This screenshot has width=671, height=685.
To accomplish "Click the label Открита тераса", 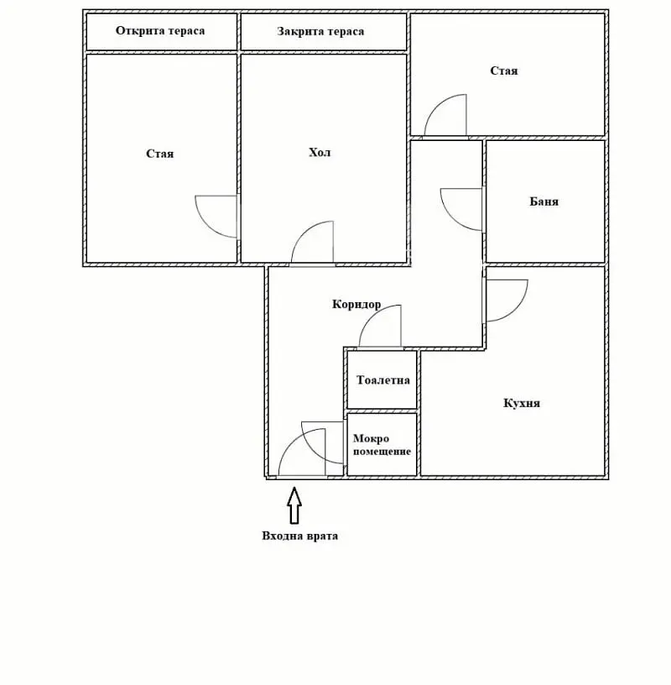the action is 160,30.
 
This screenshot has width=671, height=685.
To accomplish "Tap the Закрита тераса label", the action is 320,31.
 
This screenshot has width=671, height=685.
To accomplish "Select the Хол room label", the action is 320,153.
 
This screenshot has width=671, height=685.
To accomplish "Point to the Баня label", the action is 544,201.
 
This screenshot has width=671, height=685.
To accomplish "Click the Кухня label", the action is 522,403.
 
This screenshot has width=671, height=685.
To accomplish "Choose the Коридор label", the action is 356,304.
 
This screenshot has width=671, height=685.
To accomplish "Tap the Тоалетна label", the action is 383,380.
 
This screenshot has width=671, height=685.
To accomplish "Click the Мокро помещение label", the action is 382,445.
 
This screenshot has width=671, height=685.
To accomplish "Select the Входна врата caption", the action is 300,536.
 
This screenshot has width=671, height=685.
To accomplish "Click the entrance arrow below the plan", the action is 294,505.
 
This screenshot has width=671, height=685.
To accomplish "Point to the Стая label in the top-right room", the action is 504,71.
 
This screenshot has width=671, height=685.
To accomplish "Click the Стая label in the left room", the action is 160,154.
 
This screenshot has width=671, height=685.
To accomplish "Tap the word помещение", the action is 382,452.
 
